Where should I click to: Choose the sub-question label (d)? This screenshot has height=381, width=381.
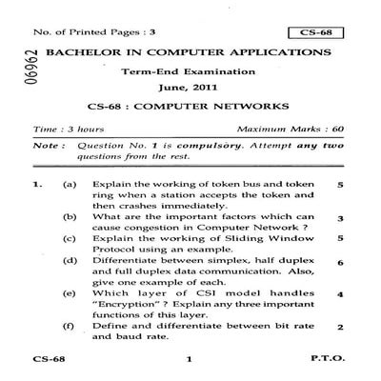point(69,260)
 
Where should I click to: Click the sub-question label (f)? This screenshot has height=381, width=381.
point(69,327)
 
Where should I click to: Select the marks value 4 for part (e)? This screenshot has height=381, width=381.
point(339,296)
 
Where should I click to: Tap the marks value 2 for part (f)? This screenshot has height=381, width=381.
point(339,329)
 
